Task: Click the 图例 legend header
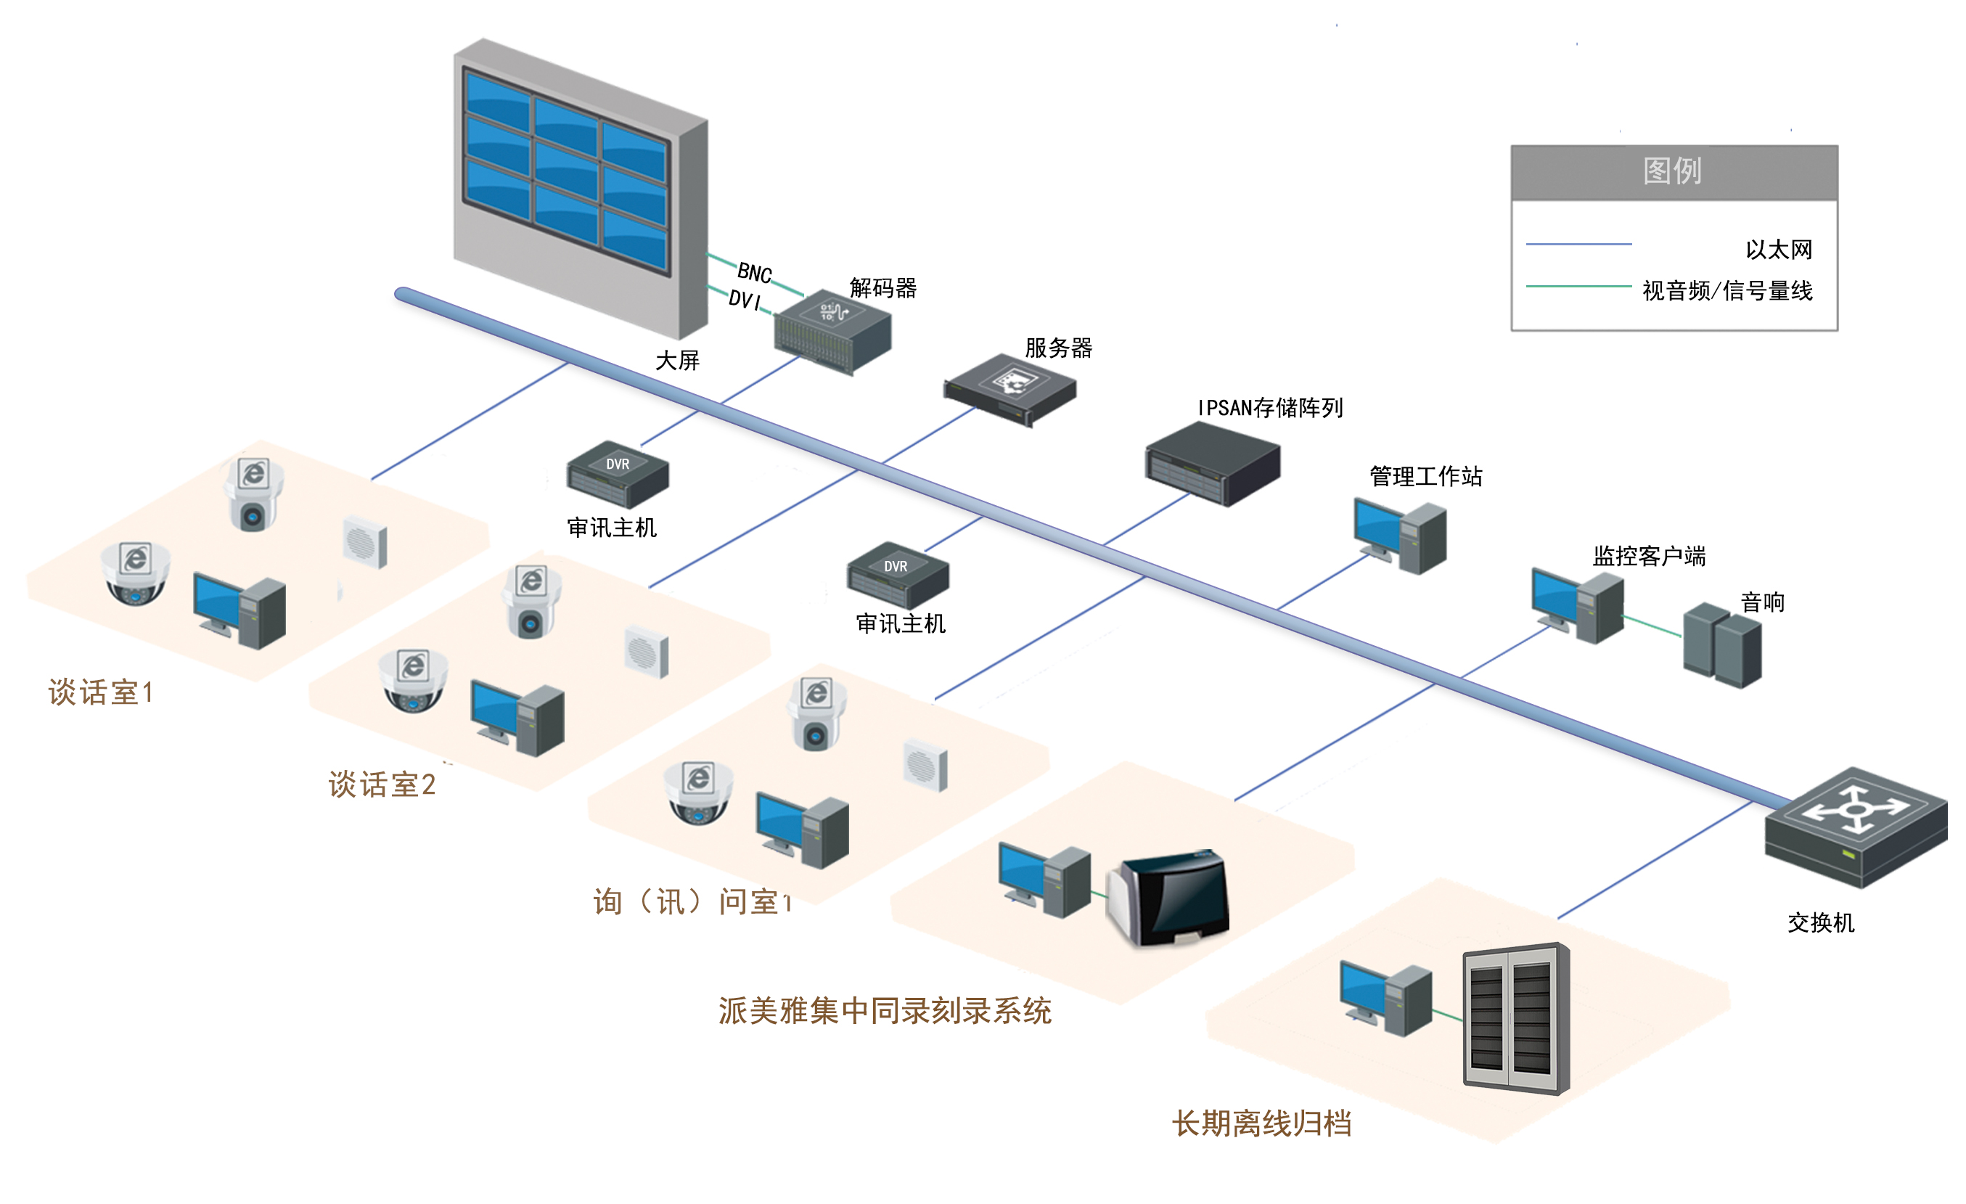(1674, 171)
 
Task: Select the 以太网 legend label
(1778, 250)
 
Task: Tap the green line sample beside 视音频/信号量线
(1578, 286)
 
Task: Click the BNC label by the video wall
(754, 273)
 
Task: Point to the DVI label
(744, 300)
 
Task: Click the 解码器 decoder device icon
(832, 330)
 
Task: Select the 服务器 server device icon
(1010, 388)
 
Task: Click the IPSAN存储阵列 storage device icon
(1212, 464)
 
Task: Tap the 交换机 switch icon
(1855, 827)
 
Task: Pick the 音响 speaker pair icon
(1722, 645)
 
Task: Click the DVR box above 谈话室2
(618, 475)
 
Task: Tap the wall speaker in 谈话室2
(647, 652)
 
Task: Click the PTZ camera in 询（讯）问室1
(816, 714)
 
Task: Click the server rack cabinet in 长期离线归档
(1515, 1018)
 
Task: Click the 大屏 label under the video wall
(676, 361)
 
